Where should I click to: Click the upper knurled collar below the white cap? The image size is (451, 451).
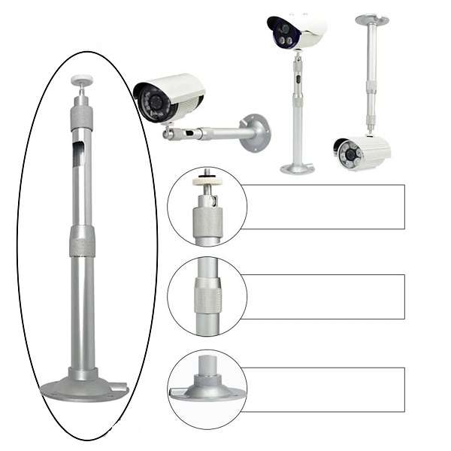point(82,116)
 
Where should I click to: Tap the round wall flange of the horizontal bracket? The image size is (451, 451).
point(256,132)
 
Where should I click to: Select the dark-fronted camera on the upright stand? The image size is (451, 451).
point(295,32)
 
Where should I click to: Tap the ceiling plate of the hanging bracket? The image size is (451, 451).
point(373,18)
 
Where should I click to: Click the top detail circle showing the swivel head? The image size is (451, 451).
point(207,207)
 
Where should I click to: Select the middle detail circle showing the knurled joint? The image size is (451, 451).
point(207,296)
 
